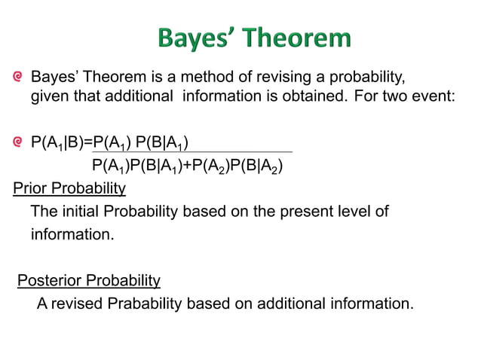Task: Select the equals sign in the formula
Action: coord(88,142)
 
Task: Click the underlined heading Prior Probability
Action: coord(69,187)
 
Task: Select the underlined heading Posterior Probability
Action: coord(88,281)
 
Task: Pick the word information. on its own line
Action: coord(72,234)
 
